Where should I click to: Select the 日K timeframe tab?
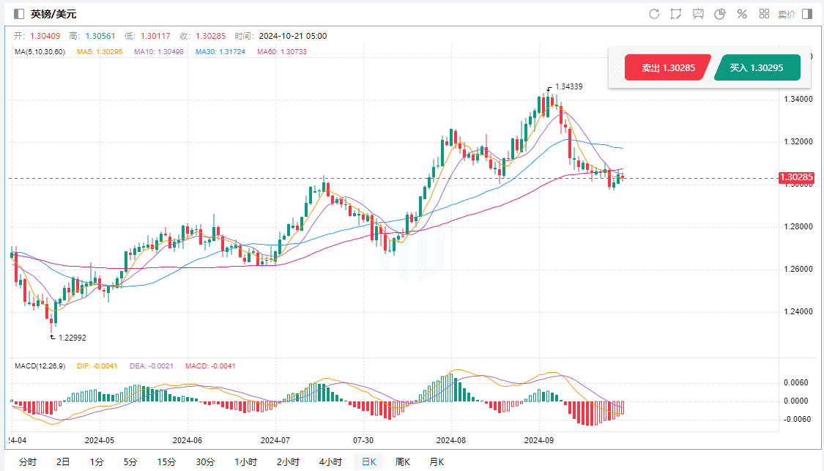click(x=368, y=461)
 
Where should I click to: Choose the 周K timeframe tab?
click(x=402, y=461)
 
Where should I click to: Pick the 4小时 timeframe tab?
click(x=330, y=461)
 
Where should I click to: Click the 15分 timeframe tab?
click(x=166, y=461)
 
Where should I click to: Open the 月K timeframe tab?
click(x=436, y=461)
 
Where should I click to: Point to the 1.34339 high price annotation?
click(x=568, y=86)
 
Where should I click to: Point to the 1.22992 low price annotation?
click(x=72, y=338)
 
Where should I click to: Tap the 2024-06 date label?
click(x=187, y=440)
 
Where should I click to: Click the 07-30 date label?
click(x=363, y=440)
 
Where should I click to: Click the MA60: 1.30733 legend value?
click(x=282, y=51)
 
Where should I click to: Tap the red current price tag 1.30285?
click(x=797, y=177)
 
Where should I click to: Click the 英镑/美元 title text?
click(x=53, y=14)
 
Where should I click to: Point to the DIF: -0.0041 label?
click(x=97, y=366)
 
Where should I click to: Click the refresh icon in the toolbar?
click(x=654, y=14)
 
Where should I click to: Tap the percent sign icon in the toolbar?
click(x=742, y=14)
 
